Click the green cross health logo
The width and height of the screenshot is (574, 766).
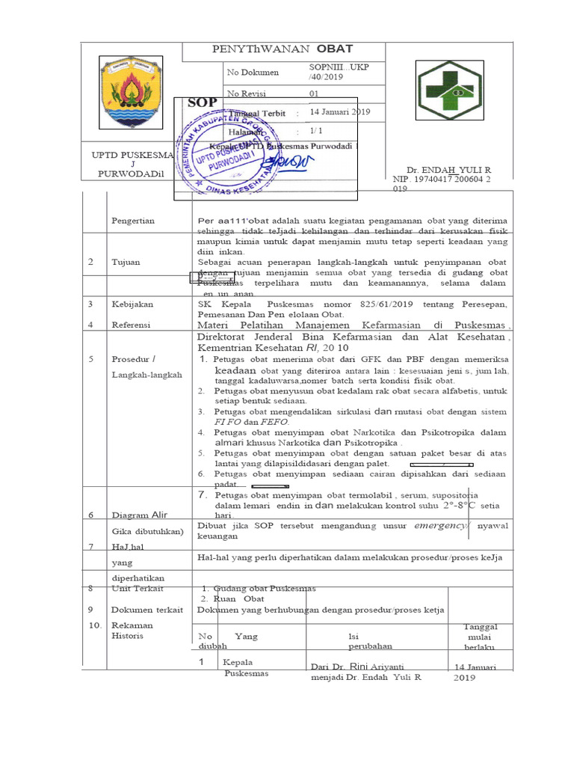coord(449,92)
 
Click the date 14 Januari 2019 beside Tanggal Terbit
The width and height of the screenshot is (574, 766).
coord(339,112)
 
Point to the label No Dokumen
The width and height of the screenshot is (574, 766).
coord(253,73)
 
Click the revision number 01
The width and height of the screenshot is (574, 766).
coord(314,94)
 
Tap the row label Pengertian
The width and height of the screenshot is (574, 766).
coord(133,221)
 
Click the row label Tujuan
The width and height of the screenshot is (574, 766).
coord(126,263)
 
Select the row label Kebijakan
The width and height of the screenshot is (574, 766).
coord(132,304)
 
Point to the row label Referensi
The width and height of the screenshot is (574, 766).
coord(131,325)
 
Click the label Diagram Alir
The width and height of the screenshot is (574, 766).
coord(141,515)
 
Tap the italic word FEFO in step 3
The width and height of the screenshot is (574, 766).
coord(273,422)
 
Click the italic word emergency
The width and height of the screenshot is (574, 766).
coord(441,526)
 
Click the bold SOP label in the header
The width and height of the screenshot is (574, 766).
coord(203,102)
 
